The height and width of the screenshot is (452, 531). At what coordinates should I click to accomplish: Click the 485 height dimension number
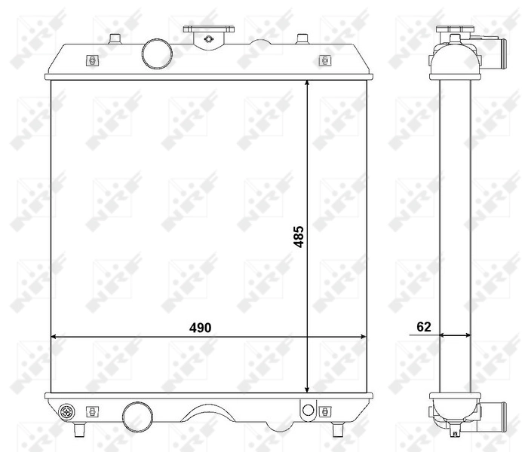click(298, 238)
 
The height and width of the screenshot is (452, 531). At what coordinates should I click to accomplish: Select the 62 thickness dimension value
click(423, 327)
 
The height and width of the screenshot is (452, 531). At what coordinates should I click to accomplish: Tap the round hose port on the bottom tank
click(136, 416)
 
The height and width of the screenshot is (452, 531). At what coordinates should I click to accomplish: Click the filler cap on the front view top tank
click(208, 31)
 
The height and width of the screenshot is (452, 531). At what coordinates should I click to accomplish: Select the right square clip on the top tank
click(324, 60)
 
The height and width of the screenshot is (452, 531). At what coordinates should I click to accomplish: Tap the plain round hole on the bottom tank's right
click(306, 410)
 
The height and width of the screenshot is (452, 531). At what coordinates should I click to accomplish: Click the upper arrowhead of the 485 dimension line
click(307, 84)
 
